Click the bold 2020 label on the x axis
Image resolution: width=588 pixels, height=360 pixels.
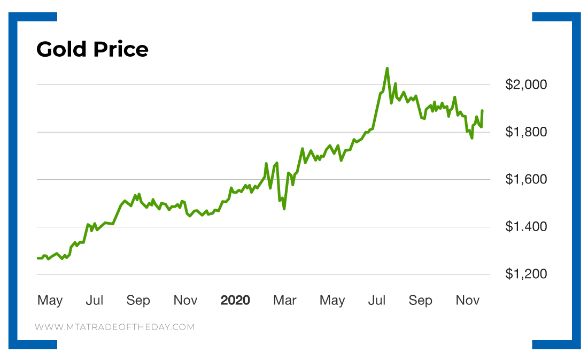point(235,301)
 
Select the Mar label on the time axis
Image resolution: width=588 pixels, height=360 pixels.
point(284,301)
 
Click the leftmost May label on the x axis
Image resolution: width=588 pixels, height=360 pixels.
point(50,301)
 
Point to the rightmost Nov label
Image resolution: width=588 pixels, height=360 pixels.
point(468,301)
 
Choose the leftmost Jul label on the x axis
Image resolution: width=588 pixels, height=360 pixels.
point(95,301)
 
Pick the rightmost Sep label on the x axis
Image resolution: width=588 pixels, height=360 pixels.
point(420,301)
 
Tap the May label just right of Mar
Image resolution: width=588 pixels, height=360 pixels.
point(332,301)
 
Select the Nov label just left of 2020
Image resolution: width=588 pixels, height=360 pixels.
point(185,301)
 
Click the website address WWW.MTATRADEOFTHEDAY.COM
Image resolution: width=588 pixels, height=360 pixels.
point(114,327)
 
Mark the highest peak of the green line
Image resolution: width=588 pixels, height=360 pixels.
point(387,68)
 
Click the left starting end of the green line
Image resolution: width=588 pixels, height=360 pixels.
point(37,258)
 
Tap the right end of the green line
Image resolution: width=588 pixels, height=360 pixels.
point(482,111)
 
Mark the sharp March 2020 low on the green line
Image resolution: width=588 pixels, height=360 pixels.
point(284,208)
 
